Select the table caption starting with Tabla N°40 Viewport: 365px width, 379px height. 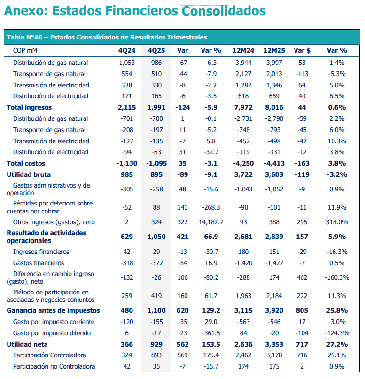coord(107,37)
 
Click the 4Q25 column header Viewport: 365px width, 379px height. coord(156,50)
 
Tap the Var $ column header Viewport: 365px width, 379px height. coord(302,50)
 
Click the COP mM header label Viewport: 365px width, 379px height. coord(25,50)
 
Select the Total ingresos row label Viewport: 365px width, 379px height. coord(27,107)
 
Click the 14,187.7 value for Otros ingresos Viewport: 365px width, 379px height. coord(212,221)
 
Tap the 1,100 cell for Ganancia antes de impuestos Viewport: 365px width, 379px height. coord(156,310)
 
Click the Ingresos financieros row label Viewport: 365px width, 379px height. coord(41,252)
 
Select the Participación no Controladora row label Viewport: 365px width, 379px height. coord(54,366)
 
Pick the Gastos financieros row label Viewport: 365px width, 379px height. coord(39,263)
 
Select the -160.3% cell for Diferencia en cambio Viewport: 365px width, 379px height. coord(336,277)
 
